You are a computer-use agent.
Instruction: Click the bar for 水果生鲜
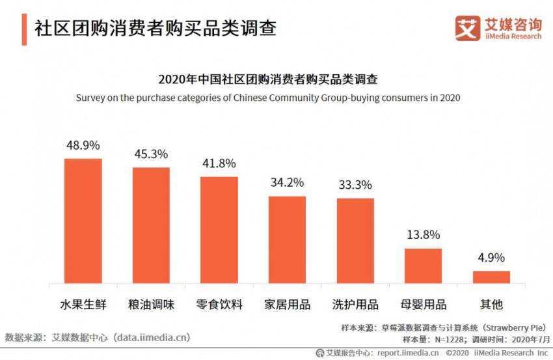(83, 221)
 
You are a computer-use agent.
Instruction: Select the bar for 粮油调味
(151, 226)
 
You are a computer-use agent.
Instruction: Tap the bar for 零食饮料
(219, 230)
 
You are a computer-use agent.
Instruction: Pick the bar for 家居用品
(286, 240)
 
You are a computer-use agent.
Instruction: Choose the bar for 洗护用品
(355, 241)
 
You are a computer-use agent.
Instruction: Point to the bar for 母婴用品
(423, 266)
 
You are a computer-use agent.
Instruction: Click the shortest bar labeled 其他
(491, 277)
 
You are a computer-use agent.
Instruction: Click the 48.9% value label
(83, 145)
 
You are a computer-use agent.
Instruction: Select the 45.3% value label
(151, 154)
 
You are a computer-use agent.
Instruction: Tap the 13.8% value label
(423, 234)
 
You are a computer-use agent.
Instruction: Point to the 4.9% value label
(491, 257)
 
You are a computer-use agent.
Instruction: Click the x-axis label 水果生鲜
(83, 304)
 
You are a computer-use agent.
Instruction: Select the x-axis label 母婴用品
(423, 304)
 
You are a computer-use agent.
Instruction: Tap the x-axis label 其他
(491, 304)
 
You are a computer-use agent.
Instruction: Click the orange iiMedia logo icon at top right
(467, 28)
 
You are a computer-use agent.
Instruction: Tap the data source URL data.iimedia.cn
(151, 337)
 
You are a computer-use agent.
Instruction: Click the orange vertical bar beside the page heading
(24, 29)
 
